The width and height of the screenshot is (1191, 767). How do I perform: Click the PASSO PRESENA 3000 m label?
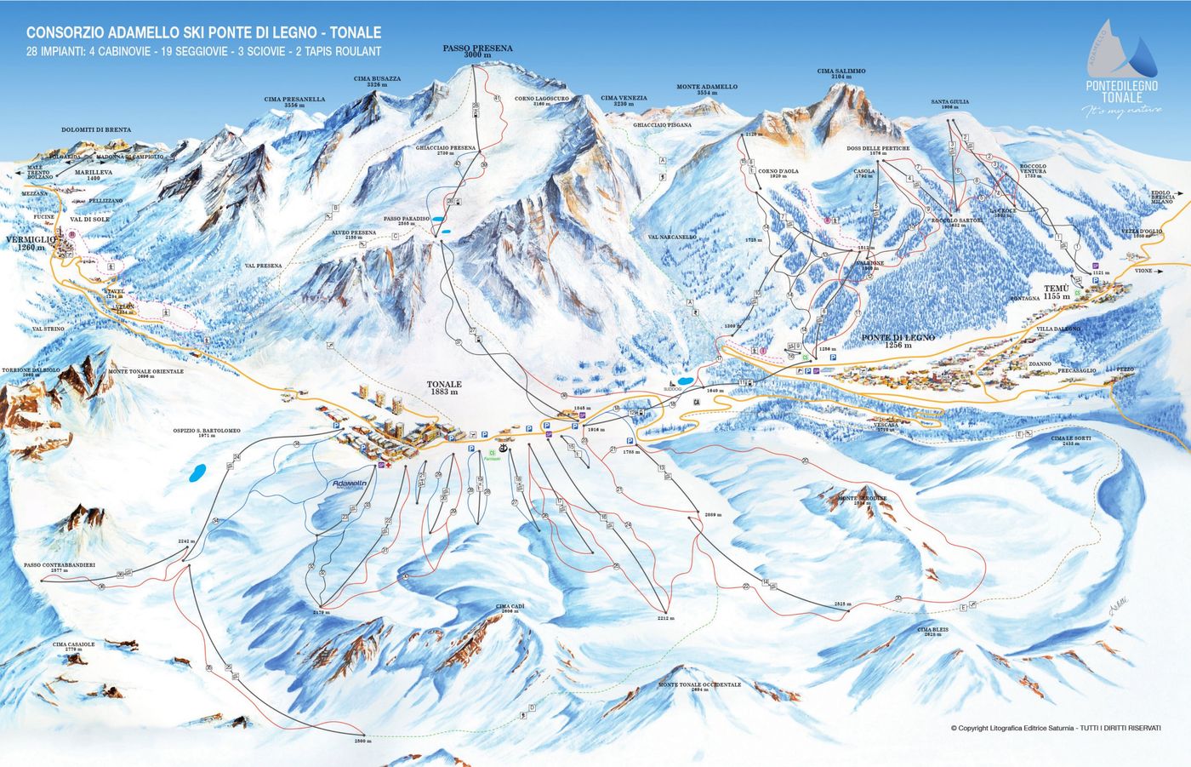[x=477, y=51]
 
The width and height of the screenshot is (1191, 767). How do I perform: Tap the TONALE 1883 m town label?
[x=443, y=388]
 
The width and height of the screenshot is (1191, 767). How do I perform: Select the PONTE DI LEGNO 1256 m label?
[x=898, y=341]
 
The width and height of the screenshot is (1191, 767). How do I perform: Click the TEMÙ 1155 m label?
[x=1057, y=292]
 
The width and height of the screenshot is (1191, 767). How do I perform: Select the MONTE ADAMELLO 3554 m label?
[x=707, y=89]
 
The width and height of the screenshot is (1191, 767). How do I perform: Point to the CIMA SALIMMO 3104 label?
[x=841, y=74]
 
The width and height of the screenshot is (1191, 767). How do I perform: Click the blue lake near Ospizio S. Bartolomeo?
[x=197, y=473]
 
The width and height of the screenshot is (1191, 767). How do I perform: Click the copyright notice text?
[x=1055, y=728]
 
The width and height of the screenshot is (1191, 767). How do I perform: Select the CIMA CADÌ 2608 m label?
[x=507, y=609]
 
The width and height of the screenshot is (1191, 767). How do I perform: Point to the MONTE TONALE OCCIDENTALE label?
[x=699, y=686]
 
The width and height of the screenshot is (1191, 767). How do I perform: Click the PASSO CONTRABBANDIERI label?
[x=60, y=568]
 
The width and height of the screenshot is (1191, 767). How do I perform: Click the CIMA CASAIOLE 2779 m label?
[x=74, y=647]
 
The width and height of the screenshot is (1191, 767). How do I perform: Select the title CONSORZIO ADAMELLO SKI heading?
[x=204, y=32]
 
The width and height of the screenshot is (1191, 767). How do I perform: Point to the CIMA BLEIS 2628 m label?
[x=932, y=632]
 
